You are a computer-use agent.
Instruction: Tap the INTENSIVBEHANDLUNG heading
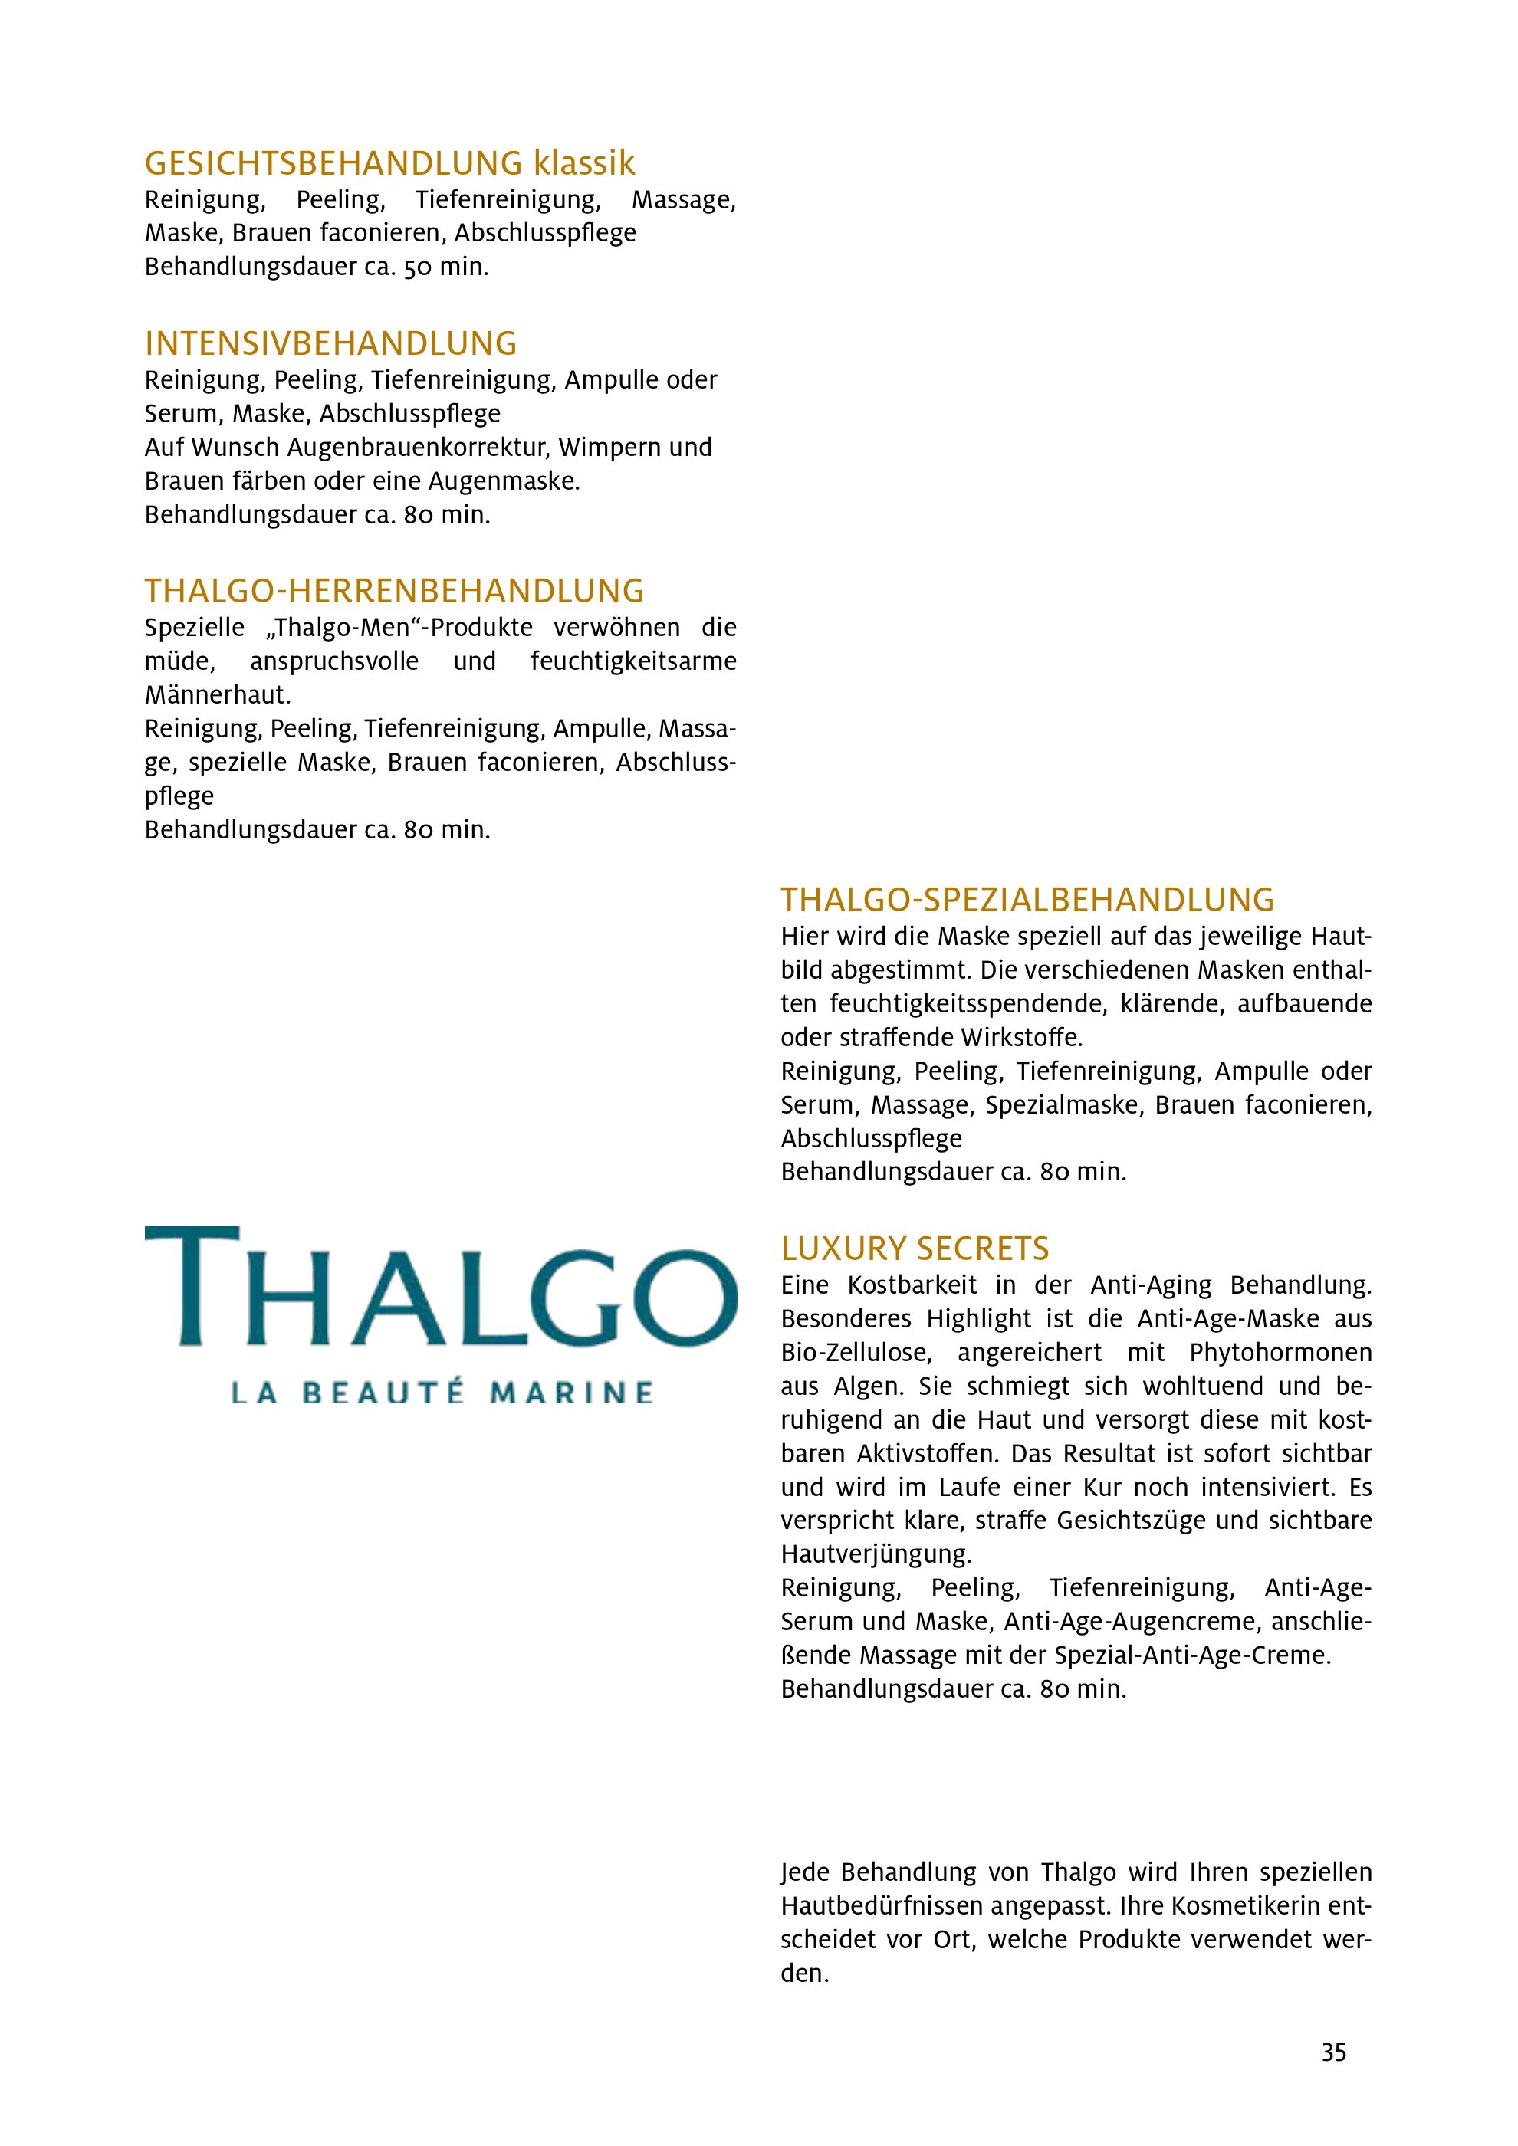point(330,344)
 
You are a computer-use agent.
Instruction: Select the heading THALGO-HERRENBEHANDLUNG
point(393,592)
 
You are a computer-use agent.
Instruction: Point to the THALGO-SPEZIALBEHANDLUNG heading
point(1027,900)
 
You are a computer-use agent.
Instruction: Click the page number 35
point(1334,2052)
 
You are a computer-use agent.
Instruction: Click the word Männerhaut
point(217,695)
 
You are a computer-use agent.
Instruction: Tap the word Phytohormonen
point(1280,1353)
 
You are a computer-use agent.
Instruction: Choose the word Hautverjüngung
point(876,1554)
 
